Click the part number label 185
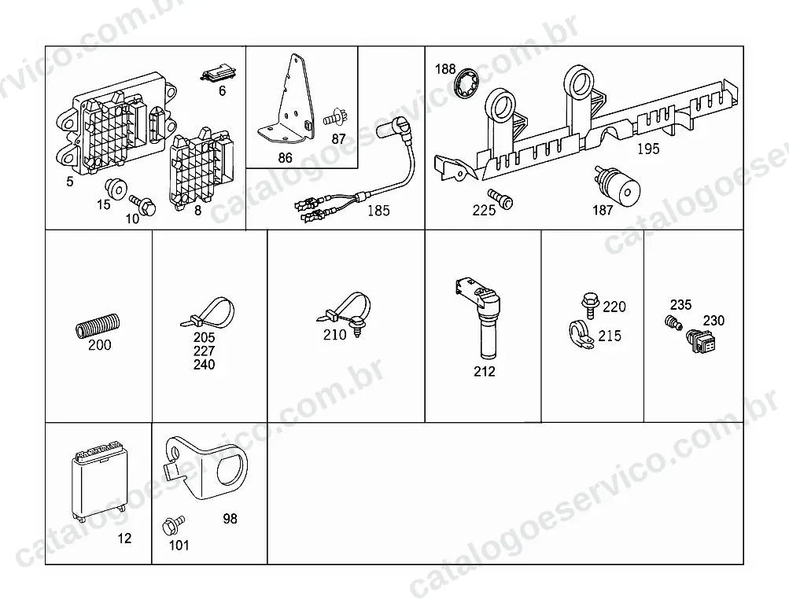point(378,210)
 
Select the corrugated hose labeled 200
point(98,326)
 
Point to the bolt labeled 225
point(500,199)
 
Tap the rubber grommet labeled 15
point(115,189)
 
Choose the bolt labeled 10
point(143,204)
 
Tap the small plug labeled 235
point(674,322)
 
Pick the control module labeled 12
point(98,481)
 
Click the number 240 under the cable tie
point(204,365)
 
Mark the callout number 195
point(648,149)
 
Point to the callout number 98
point(230,519)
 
